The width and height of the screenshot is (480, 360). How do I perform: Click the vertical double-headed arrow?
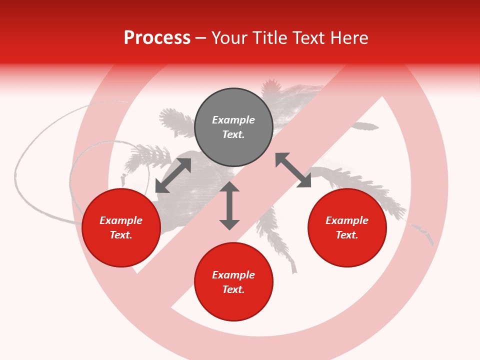229,205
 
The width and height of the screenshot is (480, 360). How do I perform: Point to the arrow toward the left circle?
173,175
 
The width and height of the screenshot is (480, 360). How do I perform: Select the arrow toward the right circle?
293,170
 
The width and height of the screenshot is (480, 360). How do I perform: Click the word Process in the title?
157,37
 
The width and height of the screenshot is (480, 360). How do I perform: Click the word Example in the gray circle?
233,120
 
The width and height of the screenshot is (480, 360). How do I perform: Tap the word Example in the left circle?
121,220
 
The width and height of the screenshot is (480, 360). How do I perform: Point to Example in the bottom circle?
233,275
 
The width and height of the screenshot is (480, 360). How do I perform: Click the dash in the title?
201,38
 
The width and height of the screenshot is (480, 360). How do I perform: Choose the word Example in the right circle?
347,220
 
